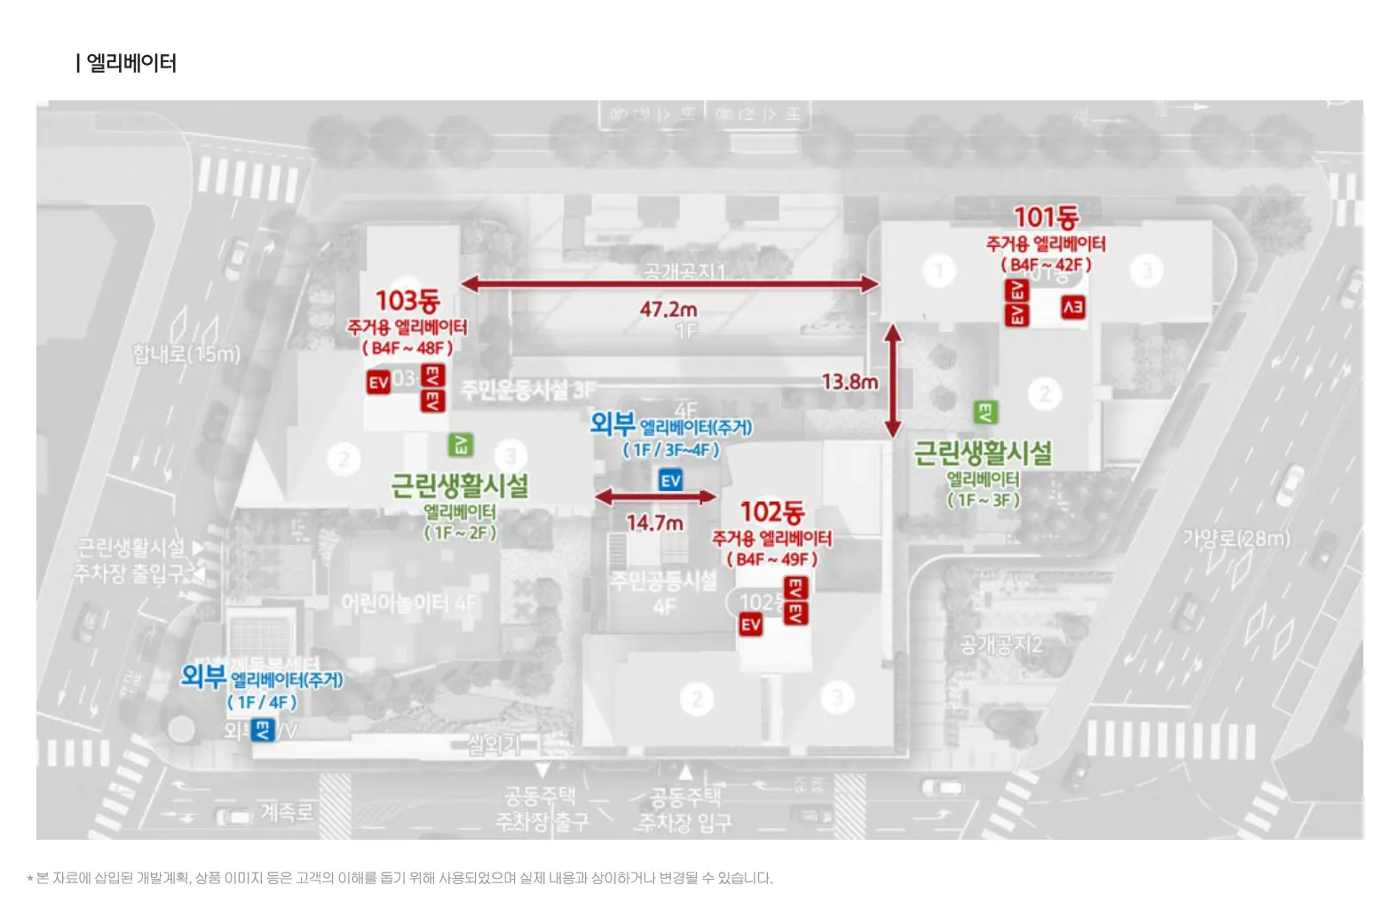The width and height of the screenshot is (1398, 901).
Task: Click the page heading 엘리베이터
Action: [x=130, y=63]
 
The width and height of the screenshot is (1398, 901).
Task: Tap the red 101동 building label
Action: [x=1046, y=217]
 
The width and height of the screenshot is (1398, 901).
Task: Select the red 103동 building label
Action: [x=407, y=300]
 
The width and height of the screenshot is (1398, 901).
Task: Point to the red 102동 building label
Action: [x=772, y=511]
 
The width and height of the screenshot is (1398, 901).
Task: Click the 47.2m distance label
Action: [x=668, y=309]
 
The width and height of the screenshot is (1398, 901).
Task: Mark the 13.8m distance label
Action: [x=849, y=382]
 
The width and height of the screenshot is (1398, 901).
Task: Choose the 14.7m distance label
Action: [x=654, y=523]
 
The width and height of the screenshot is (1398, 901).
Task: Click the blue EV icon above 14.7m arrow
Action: [x=671, y=480]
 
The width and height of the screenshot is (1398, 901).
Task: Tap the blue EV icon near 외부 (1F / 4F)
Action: [x=263, y=730]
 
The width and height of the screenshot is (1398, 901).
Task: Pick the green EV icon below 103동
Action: [x=461, y=445]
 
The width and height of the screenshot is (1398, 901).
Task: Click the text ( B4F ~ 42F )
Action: [x=1046, y=265]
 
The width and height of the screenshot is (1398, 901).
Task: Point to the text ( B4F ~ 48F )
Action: [x=407, y=348]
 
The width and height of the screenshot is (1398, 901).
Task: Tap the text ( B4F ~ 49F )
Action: [x=772, y=559]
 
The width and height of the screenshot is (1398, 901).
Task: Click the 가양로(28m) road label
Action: [x=1236, y=538]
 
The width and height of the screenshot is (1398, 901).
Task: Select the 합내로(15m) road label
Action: [x=186, y=354]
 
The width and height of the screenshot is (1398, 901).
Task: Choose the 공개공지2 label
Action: [x=1000, y=644]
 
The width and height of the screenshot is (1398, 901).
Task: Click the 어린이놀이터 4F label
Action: [x=409, y=604]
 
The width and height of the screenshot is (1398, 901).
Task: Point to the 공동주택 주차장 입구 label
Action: [x=684, y=809]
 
